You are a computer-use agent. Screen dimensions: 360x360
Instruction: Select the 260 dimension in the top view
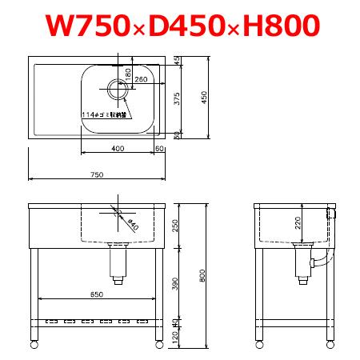(x=141, y=80)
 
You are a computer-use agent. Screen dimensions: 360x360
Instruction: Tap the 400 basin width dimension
(x=118, y=148)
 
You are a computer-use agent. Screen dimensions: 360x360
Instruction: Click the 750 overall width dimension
(x=97, y=174)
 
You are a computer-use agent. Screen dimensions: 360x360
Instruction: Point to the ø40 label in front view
(x=131, y=225)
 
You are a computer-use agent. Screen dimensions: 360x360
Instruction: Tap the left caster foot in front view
(x=34, y=344)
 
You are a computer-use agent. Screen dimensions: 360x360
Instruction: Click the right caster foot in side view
(x=329, y=344)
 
